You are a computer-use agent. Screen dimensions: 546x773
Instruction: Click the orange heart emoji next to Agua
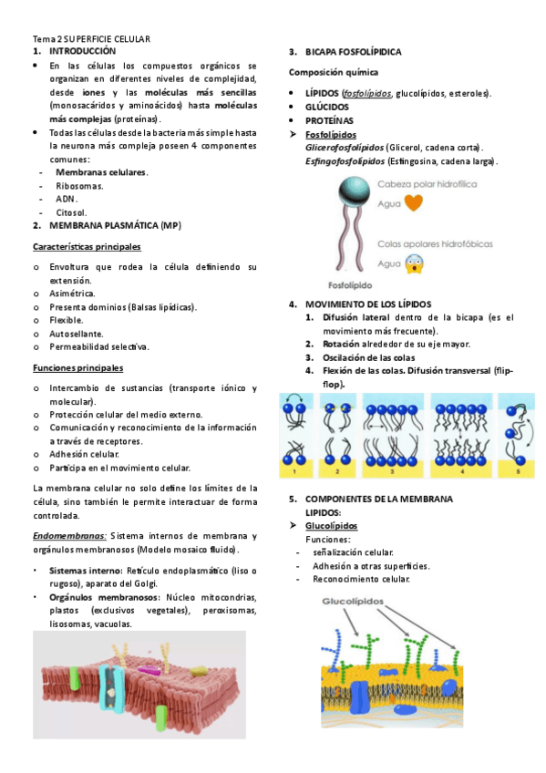click(x=414, y=203)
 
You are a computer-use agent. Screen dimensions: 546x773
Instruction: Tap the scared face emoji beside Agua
click(x=415, y=264)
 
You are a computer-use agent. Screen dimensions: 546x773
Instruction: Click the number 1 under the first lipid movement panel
click(x=294, y=472)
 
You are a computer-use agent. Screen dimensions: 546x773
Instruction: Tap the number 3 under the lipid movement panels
click(x=392, y=472)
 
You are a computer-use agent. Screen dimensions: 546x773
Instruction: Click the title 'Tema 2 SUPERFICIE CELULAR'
click(x=91, y=39)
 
